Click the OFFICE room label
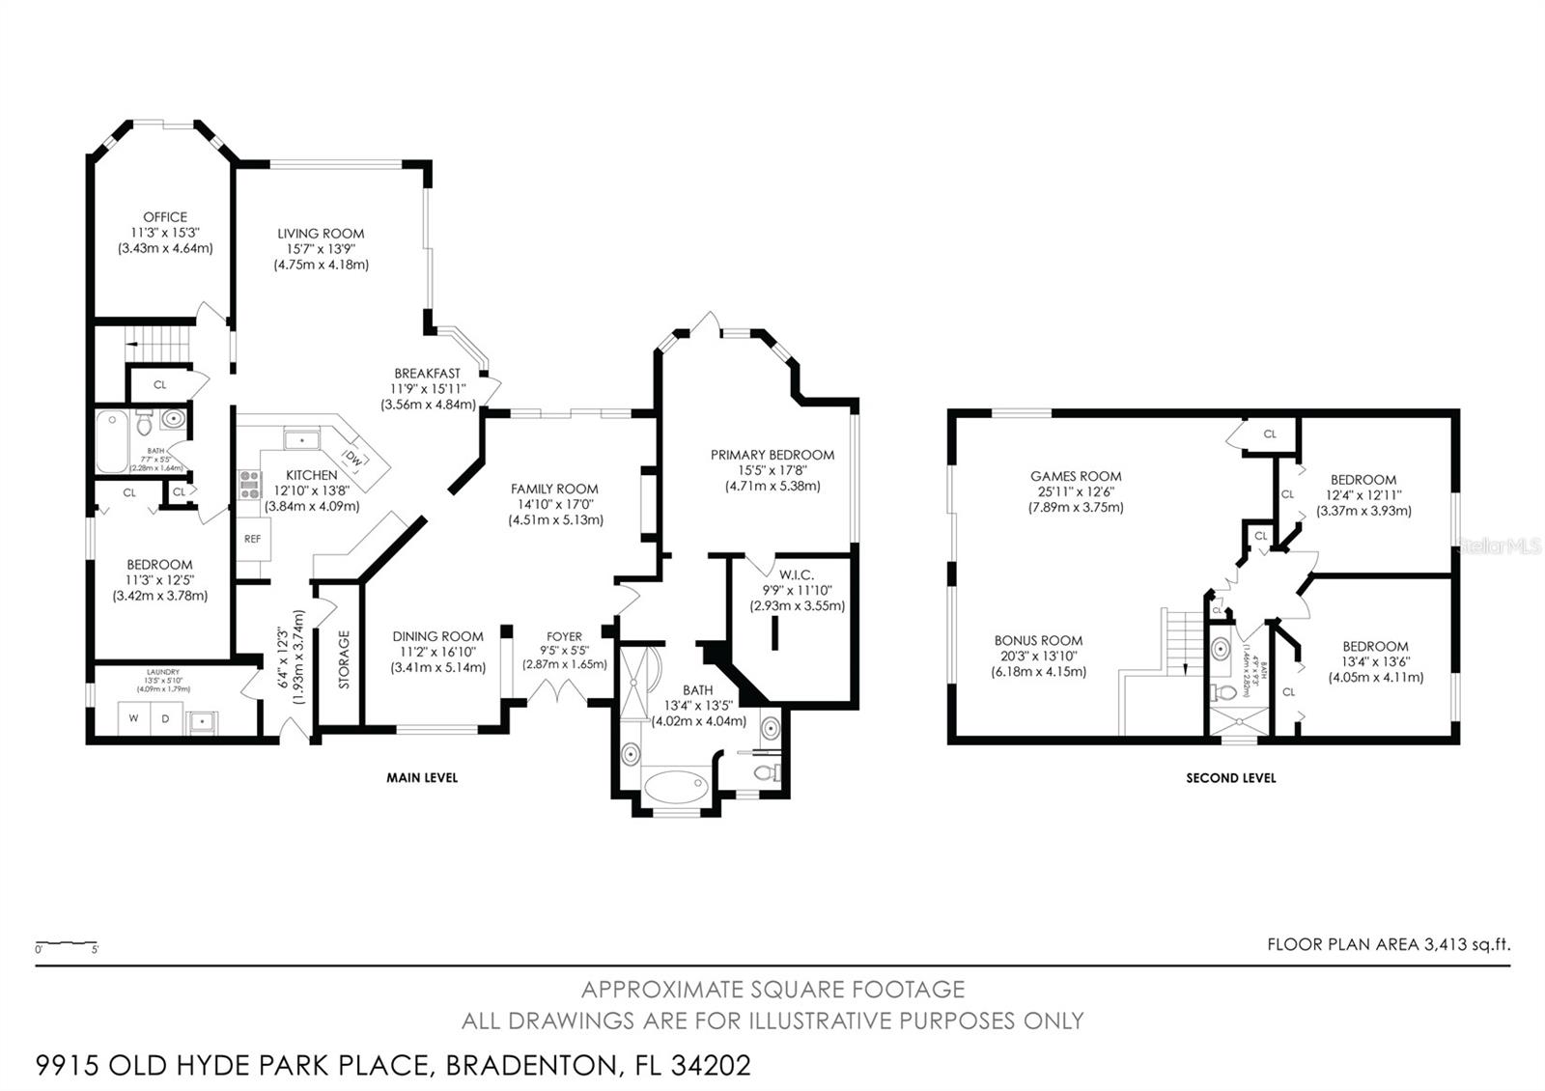pos(165,217)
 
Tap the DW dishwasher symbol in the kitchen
pos(354,461)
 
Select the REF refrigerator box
pos(253,539)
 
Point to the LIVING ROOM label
pos(321,233)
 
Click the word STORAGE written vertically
pos(344,659)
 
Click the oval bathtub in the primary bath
pos(676,787)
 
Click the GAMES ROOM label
pos(1076,476)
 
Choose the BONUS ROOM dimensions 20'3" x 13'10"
pos(1038,656)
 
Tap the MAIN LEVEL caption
pos(422,777)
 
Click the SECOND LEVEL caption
pos(1230,777)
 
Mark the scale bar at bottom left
pos(67,942)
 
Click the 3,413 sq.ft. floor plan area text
pos(1467,945)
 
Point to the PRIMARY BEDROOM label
pos(772,455)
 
